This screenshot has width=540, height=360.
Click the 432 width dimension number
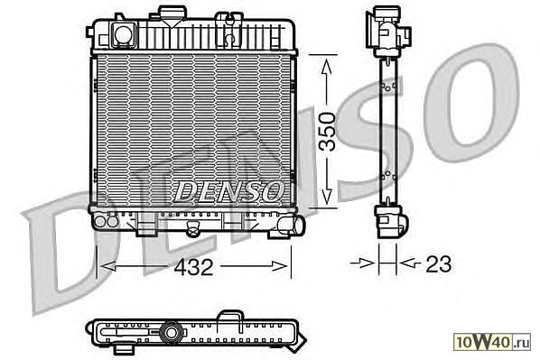click(x=193, y=267)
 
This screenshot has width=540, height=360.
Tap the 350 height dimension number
click(x=327, y=132)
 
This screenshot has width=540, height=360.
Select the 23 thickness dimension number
click(x=438, y=264)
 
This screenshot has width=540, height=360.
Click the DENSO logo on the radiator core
click(x=228, y=191)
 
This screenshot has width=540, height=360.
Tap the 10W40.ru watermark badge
click(x=492, y=341)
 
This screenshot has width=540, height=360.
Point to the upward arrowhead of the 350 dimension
click(x=327, y=67)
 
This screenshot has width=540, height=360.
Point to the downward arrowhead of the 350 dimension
click(x=327, y=196)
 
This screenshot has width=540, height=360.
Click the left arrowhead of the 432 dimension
click(x=107, y=266)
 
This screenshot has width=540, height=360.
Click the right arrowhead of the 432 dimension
click(x=279, y=266)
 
